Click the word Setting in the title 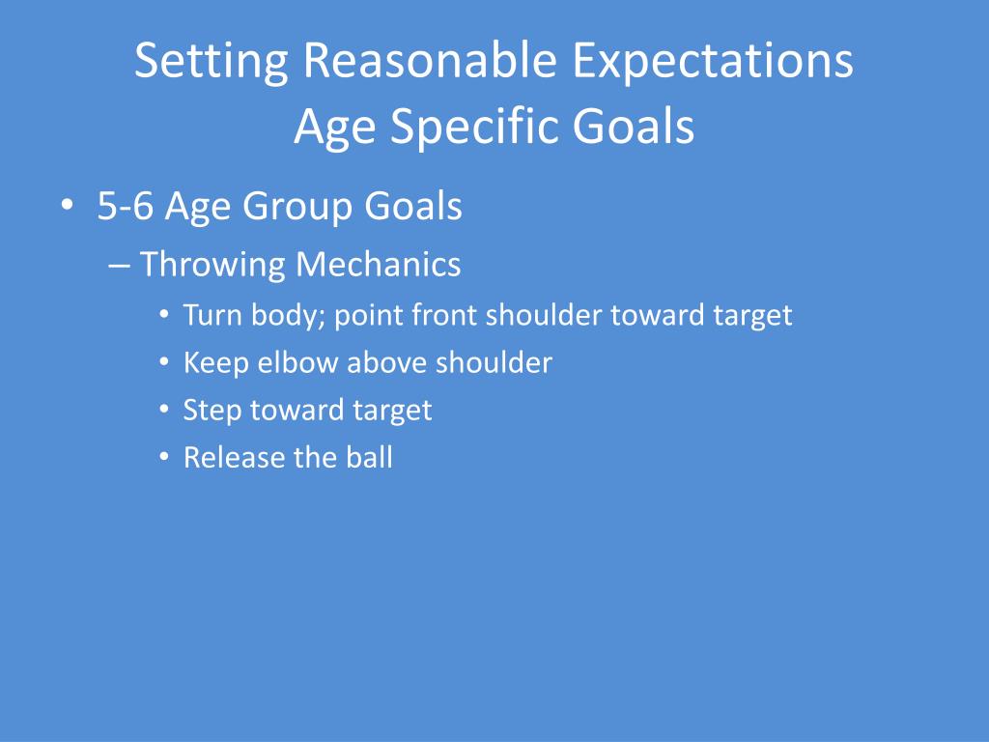tap(212, 62)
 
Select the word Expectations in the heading tap(713, 62)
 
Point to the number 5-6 tap(125, 206)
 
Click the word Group tap(297, 208)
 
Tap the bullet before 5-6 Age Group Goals tap(67, 206)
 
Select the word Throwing tap(212, 265)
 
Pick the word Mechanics tap(379, 264)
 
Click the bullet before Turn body tap(164, 314)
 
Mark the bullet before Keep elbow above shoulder tap(164, 361)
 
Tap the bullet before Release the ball tap(164, 456)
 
